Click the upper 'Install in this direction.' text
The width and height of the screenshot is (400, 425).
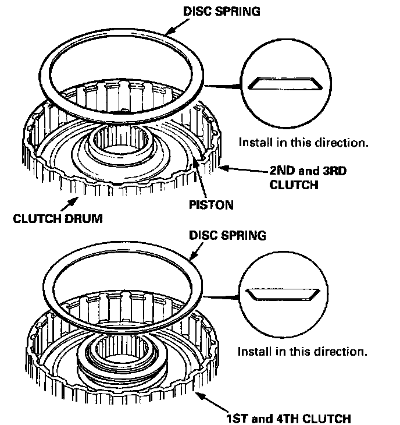[303, 141]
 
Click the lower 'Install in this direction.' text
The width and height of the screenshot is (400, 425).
[302, 352]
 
